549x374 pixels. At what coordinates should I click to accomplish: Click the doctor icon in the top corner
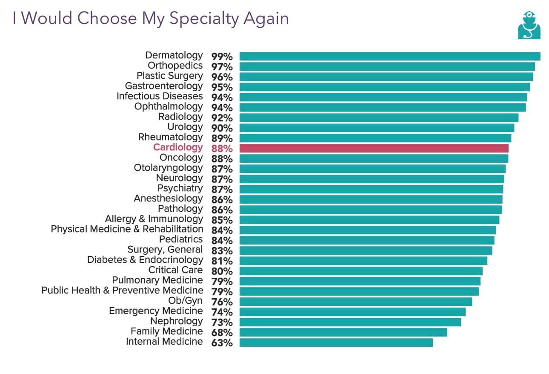pos(529,26)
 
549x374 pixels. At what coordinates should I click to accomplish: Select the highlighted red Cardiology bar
pos(374,148)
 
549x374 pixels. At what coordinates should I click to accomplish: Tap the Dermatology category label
pos(174,55)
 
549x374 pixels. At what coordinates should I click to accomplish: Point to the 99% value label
pos(222,57)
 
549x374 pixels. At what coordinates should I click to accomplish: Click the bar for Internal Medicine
pos(336,342)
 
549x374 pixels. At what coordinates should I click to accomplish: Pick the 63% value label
pos(222,343)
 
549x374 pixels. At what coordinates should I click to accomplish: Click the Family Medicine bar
pos(343,332)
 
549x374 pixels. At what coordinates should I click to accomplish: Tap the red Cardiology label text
pos(178,147)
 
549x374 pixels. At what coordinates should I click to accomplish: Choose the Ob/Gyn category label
pos(186,301)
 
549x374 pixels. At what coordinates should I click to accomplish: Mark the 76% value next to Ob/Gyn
pos(222,302)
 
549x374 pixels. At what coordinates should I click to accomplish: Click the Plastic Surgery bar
pos(386,77)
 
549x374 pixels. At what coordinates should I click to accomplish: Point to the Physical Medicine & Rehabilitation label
pos(127,229)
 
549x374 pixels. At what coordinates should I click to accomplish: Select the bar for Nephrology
pos(350,322)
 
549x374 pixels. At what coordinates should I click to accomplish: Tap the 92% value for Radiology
pos(222,118)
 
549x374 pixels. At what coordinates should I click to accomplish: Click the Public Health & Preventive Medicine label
pos(122,291)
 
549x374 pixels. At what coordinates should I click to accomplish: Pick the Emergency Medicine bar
pos(352,312)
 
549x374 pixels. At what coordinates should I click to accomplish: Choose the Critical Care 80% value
pos(222,271)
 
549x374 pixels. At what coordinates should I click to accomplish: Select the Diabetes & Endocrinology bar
pos(363,261)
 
